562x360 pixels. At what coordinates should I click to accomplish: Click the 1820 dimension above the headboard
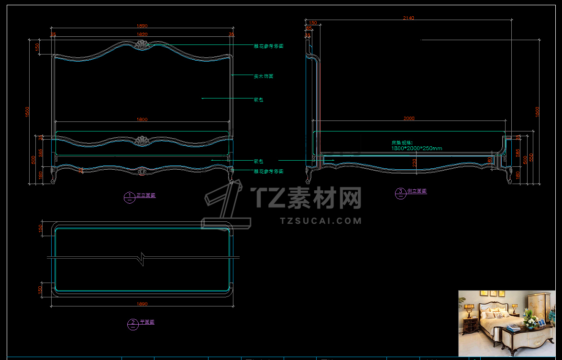(x=142, y=34)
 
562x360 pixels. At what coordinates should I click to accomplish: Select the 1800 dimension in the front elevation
(x=142, y=120)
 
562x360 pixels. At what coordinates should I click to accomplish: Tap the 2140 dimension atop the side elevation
(x=408, y=18)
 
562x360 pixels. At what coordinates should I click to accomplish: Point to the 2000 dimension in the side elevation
(x=409, y=118)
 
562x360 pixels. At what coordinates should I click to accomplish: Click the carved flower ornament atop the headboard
(x=142, y=45)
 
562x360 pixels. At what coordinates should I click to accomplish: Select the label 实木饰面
(x=264, y=76)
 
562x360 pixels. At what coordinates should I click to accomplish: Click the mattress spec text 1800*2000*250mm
(x=417, y=148)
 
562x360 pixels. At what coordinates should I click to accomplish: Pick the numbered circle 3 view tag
(x=400, y=193)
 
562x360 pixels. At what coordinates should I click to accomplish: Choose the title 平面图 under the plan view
(x=147, y=322)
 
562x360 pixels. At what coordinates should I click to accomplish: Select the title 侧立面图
(x=417, y=191)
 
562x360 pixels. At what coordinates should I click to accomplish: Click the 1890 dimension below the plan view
(x=142, y=304)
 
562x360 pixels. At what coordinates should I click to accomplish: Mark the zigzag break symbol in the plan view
(x=142, y=258)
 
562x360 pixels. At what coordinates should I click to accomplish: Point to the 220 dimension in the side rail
(x=415, y=163)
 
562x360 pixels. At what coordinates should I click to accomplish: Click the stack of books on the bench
(x=514, y=328)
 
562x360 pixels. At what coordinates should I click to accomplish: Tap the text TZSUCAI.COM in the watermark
(x=320, y=221)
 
